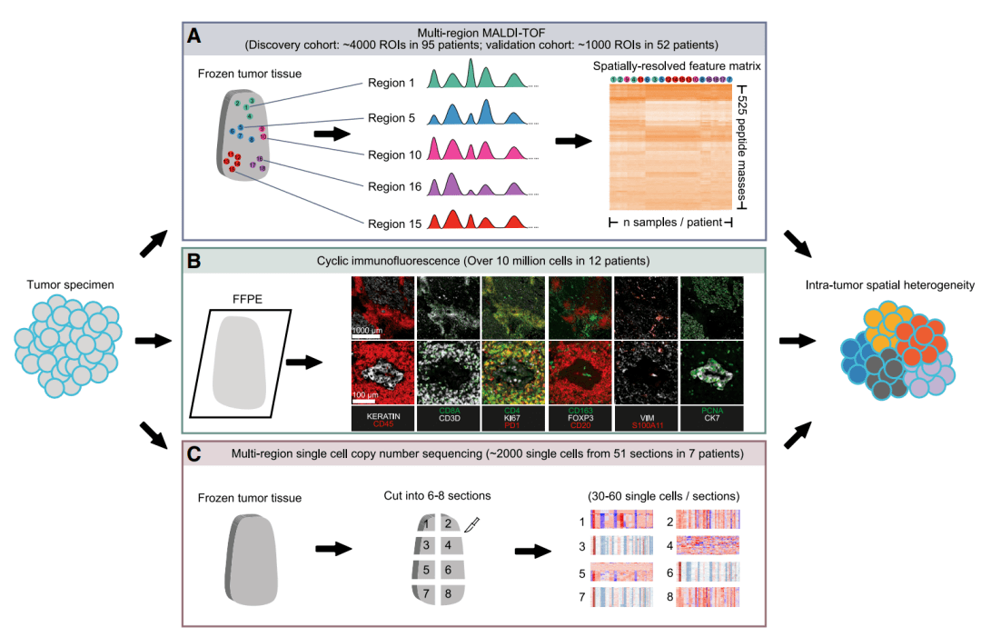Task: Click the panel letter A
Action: click(193, 36)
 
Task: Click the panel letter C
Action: click(193, 453)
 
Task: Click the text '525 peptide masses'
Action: click(743, 149)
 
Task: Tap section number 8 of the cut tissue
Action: click(448, 594)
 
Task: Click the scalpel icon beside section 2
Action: click(471, 524)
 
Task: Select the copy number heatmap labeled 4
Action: click(708, 546)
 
